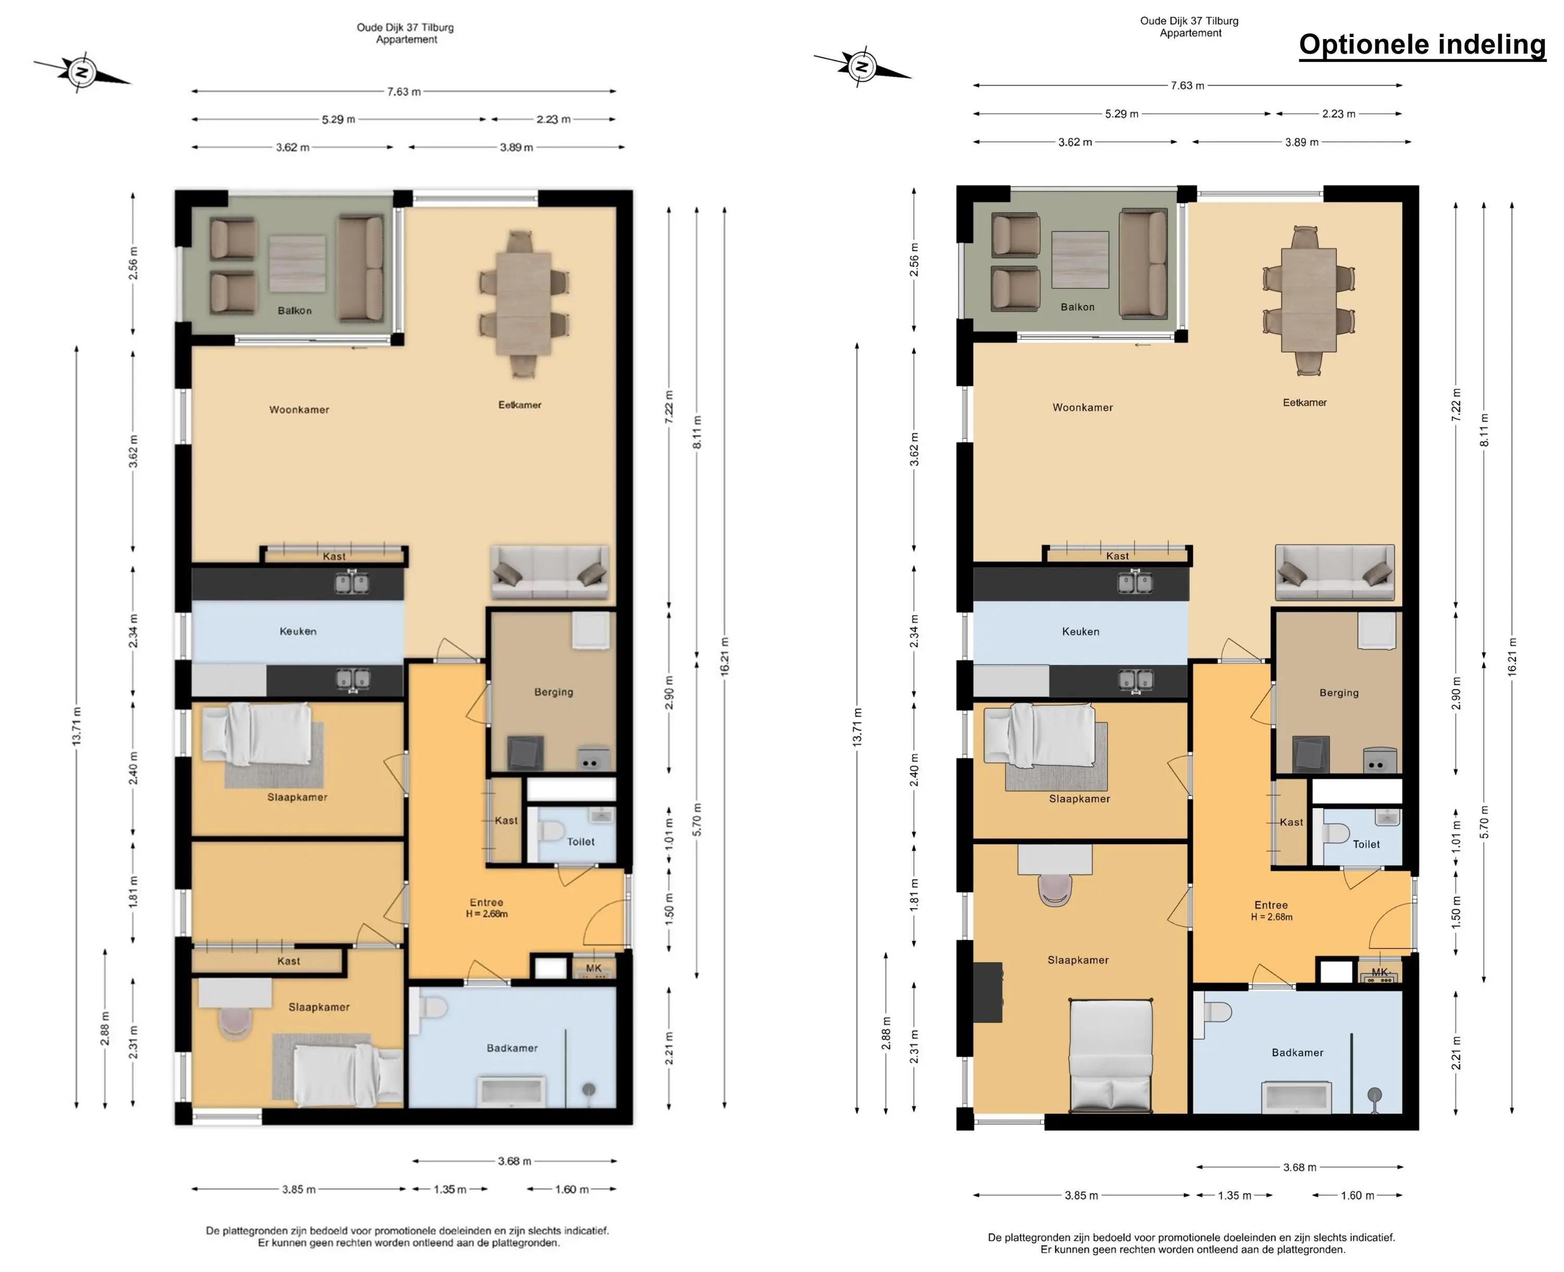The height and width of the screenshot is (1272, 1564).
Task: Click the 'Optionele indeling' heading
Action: point(1422,45)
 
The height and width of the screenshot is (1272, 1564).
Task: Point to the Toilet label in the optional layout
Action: point(1365,844)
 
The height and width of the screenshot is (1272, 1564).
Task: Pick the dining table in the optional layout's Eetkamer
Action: point(1309,300)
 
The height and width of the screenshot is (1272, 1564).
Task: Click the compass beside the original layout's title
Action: point(82,72)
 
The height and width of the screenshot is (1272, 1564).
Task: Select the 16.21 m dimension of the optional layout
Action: point(1512,657)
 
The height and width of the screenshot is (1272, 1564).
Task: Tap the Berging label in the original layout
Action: point(553,692)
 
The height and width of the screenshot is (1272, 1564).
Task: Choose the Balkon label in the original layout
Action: point(295,311)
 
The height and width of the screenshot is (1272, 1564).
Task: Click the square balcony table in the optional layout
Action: point(1080,260)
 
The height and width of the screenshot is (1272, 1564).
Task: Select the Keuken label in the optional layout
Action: point(1081,632)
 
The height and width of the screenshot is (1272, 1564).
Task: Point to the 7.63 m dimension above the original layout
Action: point(404,92)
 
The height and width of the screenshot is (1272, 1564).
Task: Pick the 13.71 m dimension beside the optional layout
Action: point(857,728)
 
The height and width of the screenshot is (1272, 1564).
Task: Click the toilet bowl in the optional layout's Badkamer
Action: point(1215,1012)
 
